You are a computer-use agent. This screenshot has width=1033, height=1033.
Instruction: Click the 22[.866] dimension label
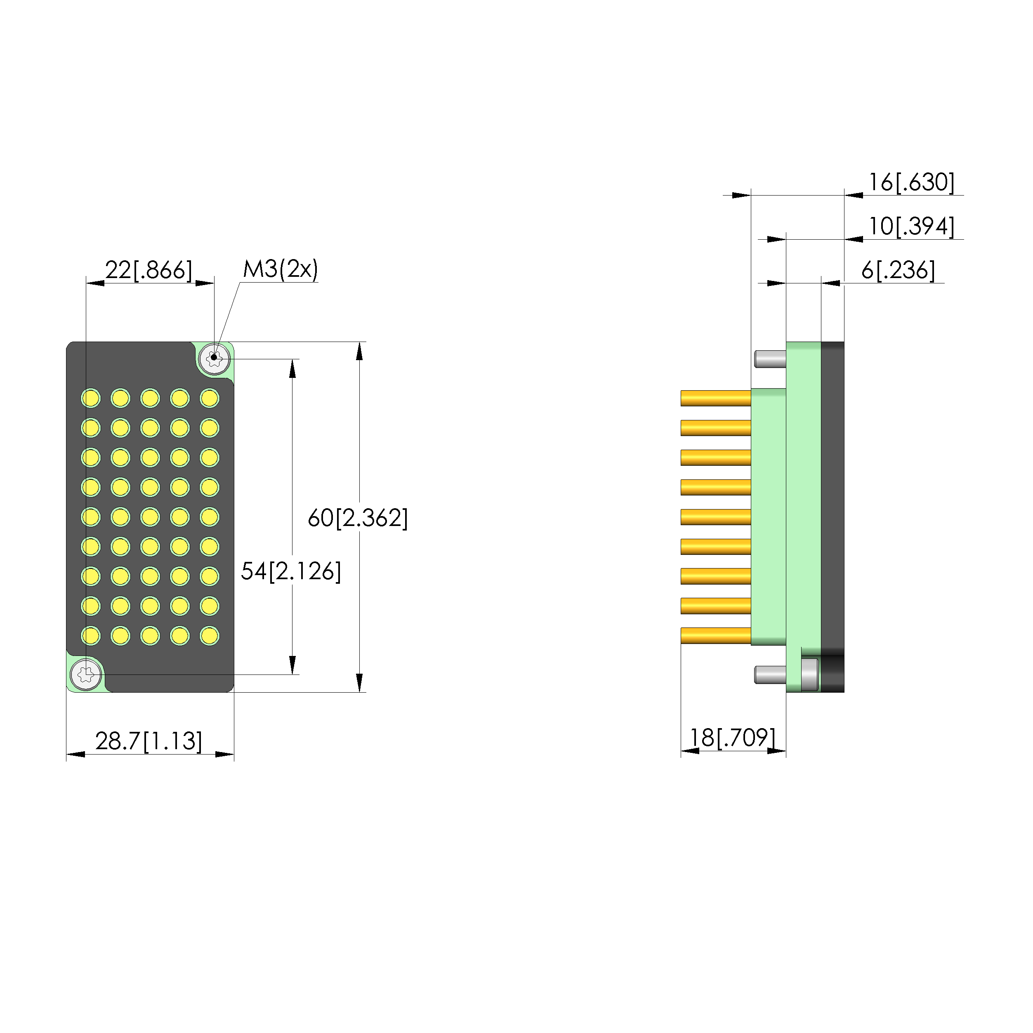coord(148,270)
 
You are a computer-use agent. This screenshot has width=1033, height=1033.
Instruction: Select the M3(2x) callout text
coord(280,269)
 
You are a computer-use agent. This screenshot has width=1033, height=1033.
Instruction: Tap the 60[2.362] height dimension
coord(358,518)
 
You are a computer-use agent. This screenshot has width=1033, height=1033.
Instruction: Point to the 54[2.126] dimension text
coord(290,571)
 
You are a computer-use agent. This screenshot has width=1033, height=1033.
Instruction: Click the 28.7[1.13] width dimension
coord(149,741)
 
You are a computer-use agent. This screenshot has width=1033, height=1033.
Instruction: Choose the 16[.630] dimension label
coord(911,182)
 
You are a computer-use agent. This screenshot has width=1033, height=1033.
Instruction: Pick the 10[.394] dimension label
coord(911,226)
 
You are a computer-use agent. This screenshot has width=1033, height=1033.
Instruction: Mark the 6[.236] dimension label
coord(898,270)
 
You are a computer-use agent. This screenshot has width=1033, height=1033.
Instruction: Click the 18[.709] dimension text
coord(732,738)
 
